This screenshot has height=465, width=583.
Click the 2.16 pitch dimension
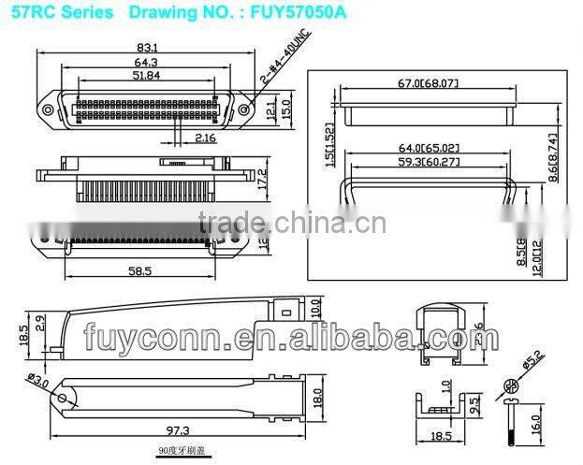pyautogui.click(x=205, y=138)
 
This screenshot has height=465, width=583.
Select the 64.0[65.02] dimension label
pyautogui.click(x=430, y=147)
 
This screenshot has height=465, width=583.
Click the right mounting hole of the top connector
pyautogui.click(x=246, y=109)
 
